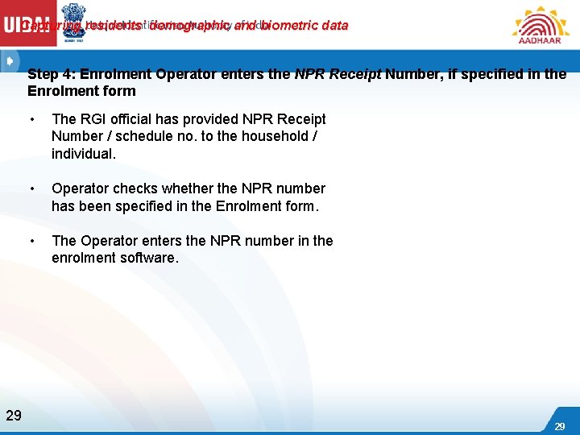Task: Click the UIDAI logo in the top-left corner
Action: pos(27,25)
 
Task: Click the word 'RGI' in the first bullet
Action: pos(94,119)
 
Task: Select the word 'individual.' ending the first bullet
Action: pos(84,154)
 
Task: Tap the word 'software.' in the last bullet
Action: pos(146,259)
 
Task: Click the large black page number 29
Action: pos(14,416)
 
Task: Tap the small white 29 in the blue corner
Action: pos(559,425)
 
